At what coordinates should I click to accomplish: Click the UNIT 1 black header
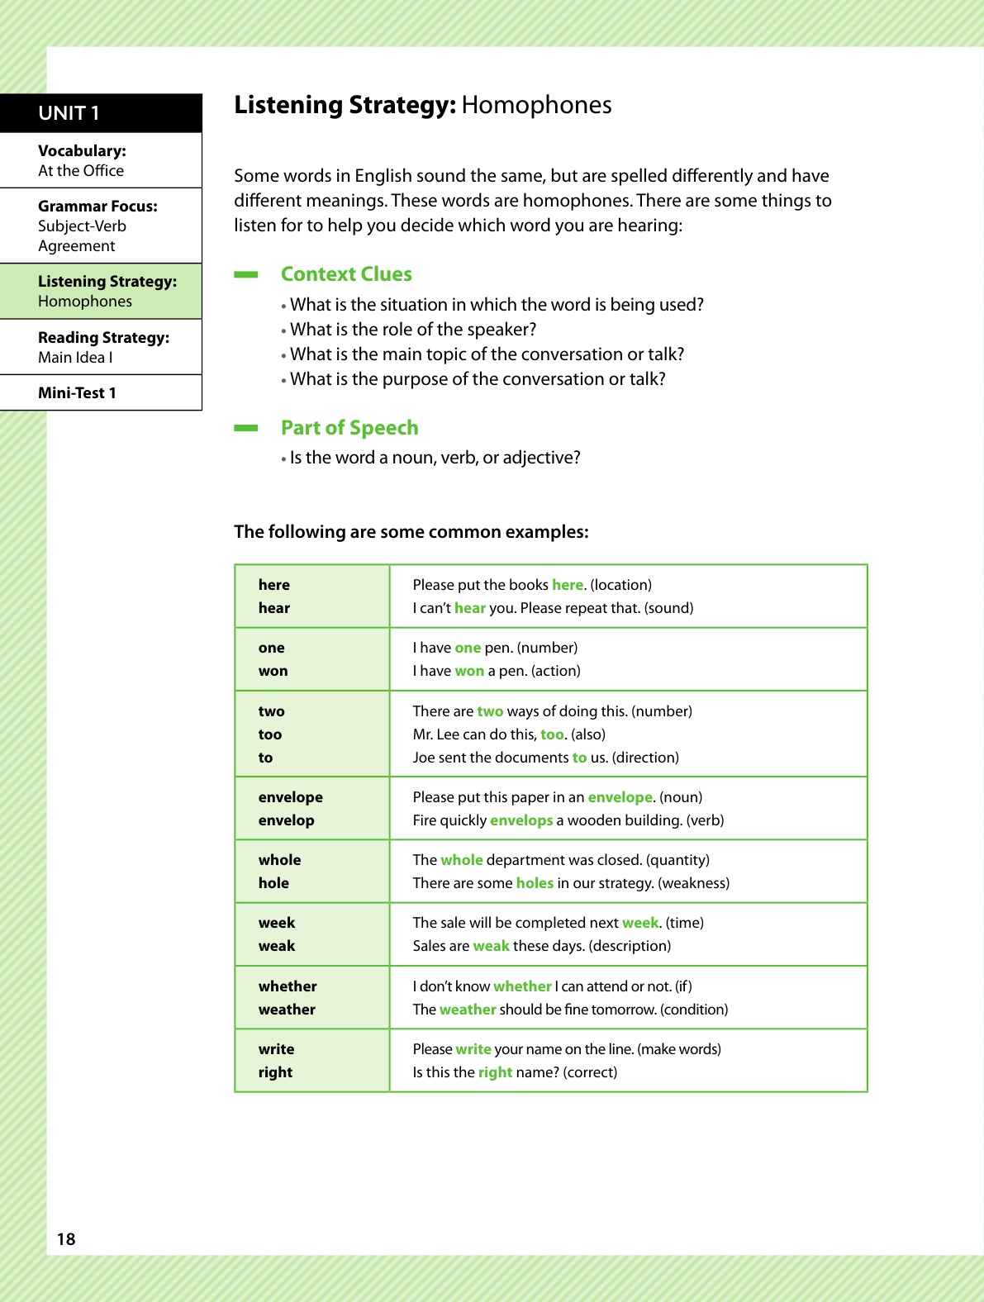tap(101, 113)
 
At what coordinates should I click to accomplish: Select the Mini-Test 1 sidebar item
tap(77, 393)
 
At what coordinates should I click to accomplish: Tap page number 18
tap(66, 1238)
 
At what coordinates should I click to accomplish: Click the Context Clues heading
tap(346, 274)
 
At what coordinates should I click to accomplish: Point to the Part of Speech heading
tap(349, 428)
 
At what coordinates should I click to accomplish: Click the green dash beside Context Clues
tap(246, 274)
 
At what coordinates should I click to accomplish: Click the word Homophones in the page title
tap(536, 105)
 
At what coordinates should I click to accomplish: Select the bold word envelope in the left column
tap(290, 797)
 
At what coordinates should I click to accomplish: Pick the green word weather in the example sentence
tap(468, 1010)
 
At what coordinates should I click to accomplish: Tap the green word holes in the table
tap(535, 883)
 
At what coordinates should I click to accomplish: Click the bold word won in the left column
tap(273, 671)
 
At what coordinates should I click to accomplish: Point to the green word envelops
tap(521, 820)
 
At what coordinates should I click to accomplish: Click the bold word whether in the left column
tap(288, 986)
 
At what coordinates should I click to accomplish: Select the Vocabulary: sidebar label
tap(82, 151)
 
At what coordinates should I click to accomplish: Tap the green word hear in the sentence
tap(469, 608)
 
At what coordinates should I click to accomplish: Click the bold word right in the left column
tap(275, 1072)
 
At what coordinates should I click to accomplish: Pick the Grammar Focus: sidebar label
tap(97, 207)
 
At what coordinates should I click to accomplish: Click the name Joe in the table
tap(423, 758)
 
